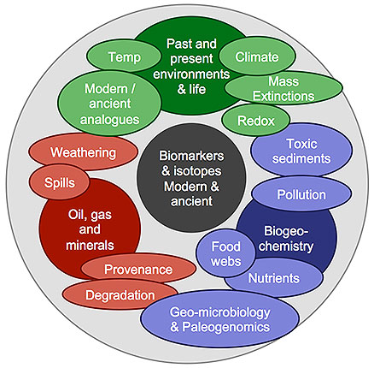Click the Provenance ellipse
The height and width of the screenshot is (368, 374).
coord(137,270)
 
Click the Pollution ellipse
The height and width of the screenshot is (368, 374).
coord(301,194)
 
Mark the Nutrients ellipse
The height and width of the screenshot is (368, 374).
coord(273,278)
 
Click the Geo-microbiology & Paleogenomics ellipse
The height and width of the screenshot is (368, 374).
coord(220,318)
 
